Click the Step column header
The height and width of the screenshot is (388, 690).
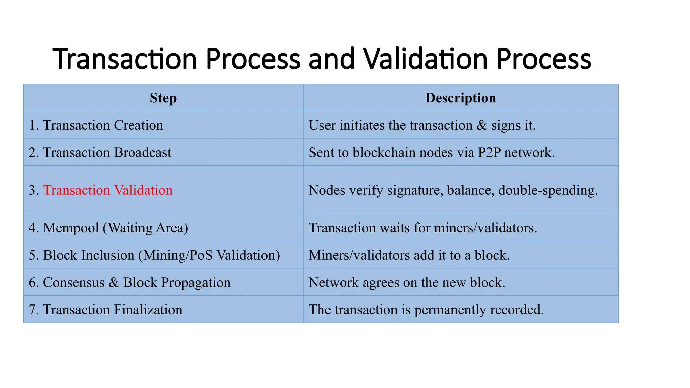[x=163, y=98]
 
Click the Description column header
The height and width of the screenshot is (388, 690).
[x=460, y=98]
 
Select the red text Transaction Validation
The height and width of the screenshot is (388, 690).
[x=108, y=190]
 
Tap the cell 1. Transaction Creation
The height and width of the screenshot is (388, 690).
[x=96, y=125]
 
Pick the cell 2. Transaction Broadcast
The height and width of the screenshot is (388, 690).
[x=100, y=153]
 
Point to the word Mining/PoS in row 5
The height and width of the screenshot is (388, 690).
[x=178, y=255]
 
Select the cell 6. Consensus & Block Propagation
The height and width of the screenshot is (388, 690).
[x=130, y=283]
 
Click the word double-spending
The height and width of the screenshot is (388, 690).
[x=548, y=190]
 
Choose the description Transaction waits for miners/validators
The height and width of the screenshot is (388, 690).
[x=422, y=228]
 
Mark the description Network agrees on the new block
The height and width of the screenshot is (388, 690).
[x=407, y=283]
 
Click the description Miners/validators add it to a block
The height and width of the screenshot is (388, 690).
[x=409, y=255]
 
